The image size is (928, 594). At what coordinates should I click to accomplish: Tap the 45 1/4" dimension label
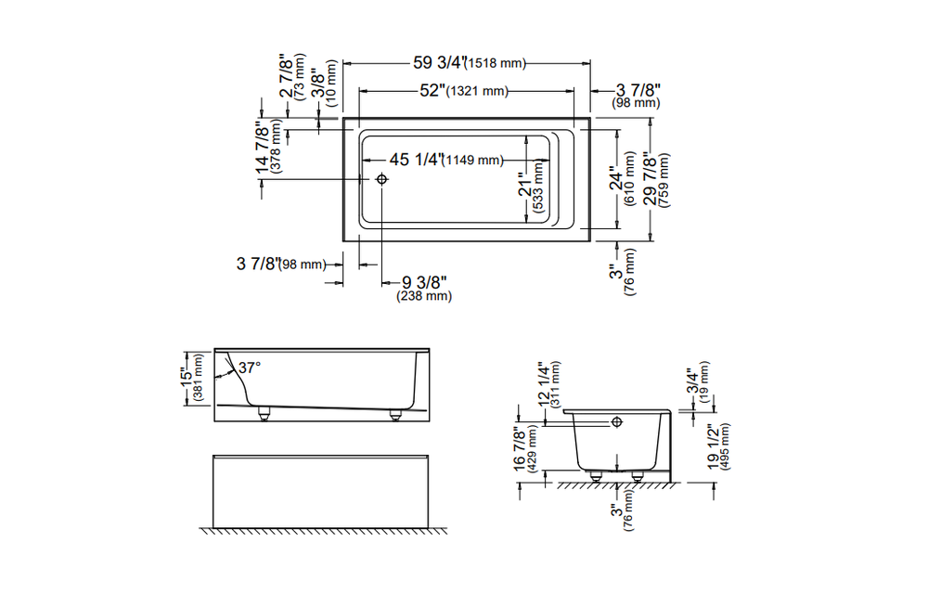tap(414, 160)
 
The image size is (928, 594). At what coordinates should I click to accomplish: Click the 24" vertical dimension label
tap(614, 182)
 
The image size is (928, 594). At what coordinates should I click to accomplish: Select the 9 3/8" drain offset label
tap(425, 282)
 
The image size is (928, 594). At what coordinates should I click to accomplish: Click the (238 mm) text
tap(424, 297)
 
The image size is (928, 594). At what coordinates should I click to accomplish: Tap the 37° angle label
tap(250, 368)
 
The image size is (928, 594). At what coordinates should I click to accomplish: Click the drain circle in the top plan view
tap(381, 179)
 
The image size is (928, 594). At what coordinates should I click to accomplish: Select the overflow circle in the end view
tap(616, 422)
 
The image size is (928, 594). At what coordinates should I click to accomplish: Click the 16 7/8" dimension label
tap(521, 450)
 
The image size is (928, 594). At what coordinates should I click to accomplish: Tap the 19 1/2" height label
tap(713, 449)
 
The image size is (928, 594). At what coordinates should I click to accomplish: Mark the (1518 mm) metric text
tap(496, 64)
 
